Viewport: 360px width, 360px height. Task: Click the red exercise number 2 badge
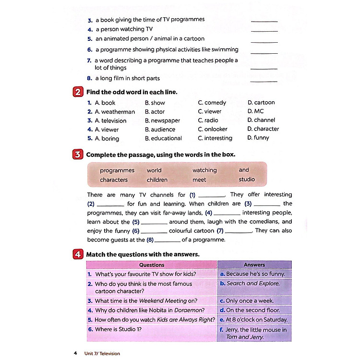78,92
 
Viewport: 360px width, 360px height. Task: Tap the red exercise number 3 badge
78,155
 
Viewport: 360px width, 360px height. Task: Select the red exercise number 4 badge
78,254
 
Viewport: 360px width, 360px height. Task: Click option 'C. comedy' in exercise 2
212,103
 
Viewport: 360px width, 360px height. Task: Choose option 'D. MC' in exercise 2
253,111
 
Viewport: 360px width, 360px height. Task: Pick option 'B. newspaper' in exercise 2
162,120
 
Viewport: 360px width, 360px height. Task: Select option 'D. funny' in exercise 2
258,138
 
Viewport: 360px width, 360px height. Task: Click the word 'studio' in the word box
247,180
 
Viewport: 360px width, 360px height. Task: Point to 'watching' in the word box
204,170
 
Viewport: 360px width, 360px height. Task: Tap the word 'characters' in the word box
114,180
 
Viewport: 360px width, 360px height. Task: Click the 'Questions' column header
152,265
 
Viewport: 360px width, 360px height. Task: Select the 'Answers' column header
254,265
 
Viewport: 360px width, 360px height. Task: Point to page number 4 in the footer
75,354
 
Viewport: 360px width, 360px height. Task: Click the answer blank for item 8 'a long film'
264,80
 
